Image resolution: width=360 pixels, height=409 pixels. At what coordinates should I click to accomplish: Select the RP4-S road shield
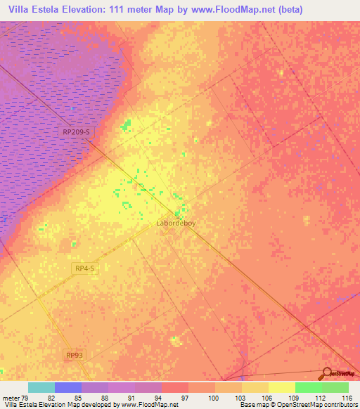84,268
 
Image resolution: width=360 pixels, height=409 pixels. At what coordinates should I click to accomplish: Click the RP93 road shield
74,356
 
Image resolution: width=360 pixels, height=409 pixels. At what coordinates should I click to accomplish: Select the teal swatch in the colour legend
41,387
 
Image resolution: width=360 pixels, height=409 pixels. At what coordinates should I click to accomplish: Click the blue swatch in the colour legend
68,387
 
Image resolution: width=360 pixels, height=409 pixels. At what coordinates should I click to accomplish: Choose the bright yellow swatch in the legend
281,387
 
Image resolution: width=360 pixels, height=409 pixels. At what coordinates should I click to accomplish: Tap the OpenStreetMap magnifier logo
328,374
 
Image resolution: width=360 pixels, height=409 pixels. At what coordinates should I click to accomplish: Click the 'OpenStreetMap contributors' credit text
314,404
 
